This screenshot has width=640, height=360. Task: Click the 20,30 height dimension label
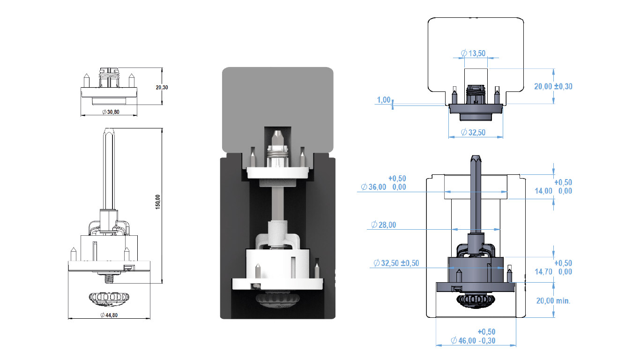[x=162, y=88]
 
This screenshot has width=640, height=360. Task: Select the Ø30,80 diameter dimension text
[x=111, y=112]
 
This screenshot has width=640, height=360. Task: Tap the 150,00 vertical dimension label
[x=158, y=202]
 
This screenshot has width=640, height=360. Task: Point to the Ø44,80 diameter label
[x=109, y=315]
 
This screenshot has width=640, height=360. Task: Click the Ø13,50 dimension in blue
[x=473, y=53]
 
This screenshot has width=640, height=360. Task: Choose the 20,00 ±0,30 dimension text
[x=553, y=86]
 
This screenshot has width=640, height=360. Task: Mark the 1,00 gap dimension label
[x=384, y=100]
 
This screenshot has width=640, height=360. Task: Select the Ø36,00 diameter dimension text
[x=373, y=187]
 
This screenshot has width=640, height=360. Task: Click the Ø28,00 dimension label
[x=383, y=225]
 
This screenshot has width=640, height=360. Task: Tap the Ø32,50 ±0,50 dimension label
[x=396, y=263]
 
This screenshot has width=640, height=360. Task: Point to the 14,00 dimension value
[x=543, y=191]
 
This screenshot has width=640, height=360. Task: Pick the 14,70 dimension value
[x=543, y=272]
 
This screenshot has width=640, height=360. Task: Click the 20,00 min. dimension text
[x=553, y=301]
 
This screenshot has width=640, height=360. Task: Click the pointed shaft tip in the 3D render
[x=277, y=137]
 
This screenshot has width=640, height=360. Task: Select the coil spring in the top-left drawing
[x=109, y=75]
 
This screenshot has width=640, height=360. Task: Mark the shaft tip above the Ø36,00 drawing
[x=476, y=159]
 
